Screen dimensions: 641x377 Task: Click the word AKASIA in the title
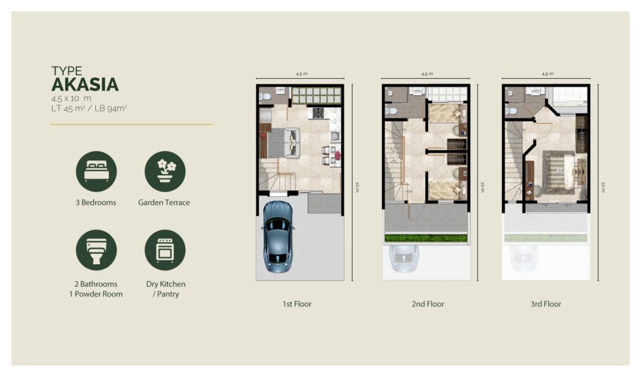[x=85, y=85]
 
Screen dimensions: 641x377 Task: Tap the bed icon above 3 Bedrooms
[x=96, y=172]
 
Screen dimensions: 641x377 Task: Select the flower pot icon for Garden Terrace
[x=165, y=172]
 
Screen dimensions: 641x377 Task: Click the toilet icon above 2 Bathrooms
[x=96, y=250]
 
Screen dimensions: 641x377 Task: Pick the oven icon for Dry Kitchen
[x=165, y=250]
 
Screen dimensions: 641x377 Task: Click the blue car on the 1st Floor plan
[x=278, y=236]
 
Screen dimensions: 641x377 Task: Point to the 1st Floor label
[x=297, y=304]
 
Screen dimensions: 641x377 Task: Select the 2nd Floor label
[x=428, y=304]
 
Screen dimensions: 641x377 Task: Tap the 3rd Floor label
[x=546, y=304]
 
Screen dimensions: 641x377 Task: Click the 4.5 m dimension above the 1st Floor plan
[x=302, y=74]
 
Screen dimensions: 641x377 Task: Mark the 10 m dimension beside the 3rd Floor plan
[x=603, y=187]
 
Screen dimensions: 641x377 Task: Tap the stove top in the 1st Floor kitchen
[x=319, y=113]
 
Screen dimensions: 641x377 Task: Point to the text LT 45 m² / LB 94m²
[x=89, y=108]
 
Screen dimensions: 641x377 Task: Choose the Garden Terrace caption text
[x=164, y=202]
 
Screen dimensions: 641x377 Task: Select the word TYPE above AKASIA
[x=66, y=71]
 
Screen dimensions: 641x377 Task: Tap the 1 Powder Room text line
[x=96, y=294]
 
